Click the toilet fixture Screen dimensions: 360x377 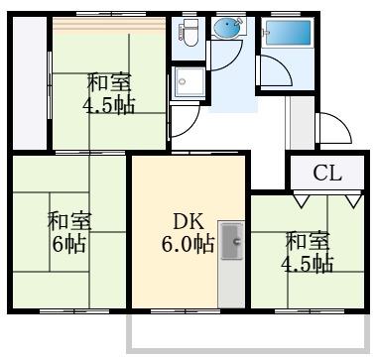pos(189,36)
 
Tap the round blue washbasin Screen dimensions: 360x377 pos(229,30)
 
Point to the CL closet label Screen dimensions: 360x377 pos(327,175)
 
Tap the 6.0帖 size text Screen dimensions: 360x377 pos(188,244)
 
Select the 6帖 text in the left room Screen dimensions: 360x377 pos(68,244)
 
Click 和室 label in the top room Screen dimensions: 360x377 pos(109,82)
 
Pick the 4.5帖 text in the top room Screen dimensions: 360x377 pos(109,104)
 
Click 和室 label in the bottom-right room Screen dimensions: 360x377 pos(309,241)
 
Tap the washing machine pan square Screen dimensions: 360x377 pos(188,84)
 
